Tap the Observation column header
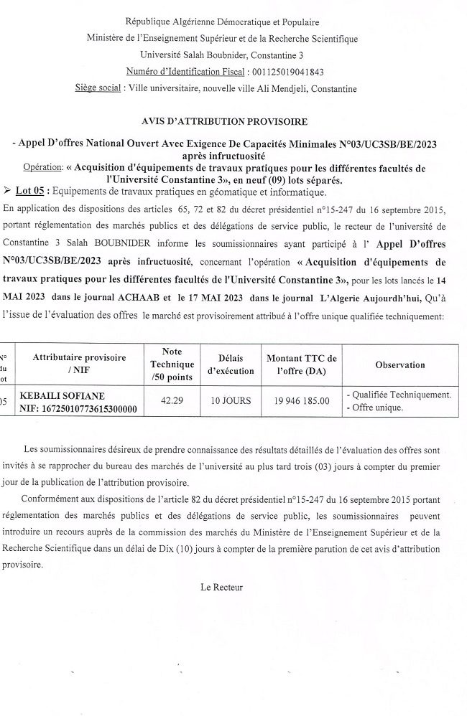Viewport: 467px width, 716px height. pyautogui.click(x=399, y=365)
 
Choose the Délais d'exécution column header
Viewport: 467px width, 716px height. pyautogui.click(x=231, y=364)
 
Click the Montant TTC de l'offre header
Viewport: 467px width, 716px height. pyautogui.click(x=301, y=364)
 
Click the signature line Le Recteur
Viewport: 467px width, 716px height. pyautogui.click(x=222, y=587)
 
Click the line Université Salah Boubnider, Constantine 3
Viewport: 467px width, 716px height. pyautogui.click(x=222, y=55)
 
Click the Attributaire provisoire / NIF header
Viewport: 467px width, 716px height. pyautogui.click(x=79, y=364)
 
